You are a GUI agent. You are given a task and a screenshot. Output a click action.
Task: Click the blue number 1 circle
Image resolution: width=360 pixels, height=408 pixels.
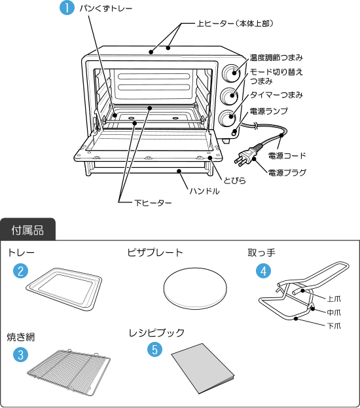tap(67, 8)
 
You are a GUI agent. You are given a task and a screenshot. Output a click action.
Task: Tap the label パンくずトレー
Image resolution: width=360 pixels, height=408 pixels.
tap(106, 9)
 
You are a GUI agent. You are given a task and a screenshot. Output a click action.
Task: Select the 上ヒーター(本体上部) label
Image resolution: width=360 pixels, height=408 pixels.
tap(236, 24)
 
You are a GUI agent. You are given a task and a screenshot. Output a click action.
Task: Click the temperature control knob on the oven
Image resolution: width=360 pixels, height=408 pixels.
tap(231, 72)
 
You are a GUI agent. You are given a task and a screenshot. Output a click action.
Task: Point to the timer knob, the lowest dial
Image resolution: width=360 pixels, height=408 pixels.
tap(228, 118)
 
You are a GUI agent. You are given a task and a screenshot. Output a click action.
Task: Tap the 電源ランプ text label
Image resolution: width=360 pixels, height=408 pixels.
tap(269, 111)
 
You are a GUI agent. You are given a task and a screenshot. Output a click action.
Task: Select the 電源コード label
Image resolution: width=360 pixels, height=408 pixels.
tap(287, 156)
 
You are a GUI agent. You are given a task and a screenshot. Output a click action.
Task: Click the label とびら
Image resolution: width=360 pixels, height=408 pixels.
tap(234, 180)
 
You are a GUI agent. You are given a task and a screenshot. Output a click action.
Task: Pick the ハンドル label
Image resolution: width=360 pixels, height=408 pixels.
tap(204, 191)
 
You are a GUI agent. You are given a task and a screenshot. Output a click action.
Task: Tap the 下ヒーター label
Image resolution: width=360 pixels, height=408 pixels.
tap(153, 203)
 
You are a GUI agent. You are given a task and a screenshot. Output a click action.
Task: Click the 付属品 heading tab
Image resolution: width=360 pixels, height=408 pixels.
tap(27, 230)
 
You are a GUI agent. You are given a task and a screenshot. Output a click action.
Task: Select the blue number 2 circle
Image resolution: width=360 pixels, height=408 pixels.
tap(20, 270)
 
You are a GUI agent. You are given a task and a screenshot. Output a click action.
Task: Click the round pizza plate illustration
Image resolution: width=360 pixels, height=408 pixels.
tap(195, 289)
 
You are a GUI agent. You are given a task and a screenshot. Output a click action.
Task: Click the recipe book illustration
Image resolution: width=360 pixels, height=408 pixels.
tap(203, 369)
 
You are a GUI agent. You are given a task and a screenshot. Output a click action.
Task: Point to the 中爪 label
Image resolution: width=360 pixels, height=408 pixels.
tap(334, 312)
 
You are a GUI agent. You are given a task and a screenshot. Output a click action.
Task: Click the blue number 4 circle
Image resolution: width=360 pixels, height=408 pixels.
tap(264, 270)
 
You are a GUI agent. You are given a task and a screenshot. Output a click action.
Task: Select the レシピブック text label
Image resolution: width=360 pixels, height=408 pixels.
tap(156, 333)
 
